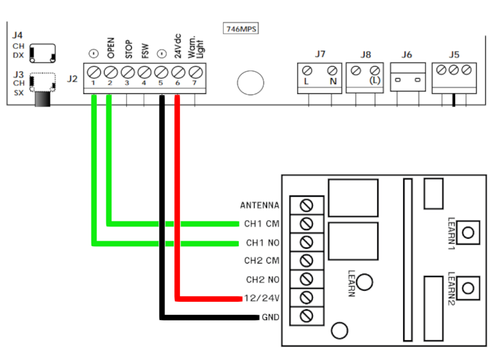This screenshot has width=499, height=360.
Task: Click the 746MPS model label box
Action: tap(241, 29)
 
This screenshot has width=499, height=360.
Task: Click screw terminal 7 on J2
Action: tap(196, 70)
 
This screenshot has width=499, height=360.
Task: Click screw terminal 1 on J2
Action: tap(94, 70)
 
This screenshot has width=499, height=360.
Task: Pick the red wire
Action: tap(178, 198)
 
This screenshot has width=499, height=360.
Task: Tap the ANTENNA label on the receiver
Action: tap(260, 205)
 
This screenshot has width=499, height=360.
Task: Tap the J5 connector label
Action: tap(455, 54)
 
